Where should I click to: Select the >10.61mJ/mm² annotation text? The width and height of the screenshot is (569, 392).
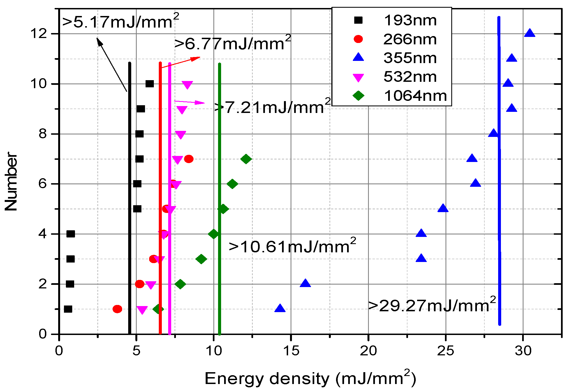coord(292,246)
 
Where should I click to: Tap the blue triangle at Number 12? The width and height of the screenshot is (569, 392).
coord(530,33)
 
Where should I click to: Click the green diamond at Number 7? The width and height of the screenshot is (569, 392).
coord(246,159)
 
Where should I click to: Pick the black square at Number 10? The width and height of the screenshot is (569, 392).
coord(149,84)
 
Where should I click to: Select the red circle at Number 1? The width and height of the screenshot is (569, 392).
coord(117,309)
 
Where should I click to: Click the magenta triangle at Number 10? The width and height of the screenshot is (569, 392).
coord(187,85)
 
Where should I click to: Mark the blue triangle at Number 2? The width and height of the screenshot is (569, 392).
coord(305,283)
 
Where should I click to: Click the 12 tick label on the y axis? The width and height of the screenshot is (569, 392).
coord(38,34)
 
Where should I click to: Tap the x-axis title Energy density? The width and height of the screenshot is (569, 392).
coord(310,379)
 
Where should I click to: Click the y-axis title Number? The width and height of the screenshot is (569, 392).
coord(11,181)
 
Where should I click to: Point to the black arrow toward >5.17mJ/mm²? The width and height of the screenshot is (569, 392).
coord(112,64)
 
